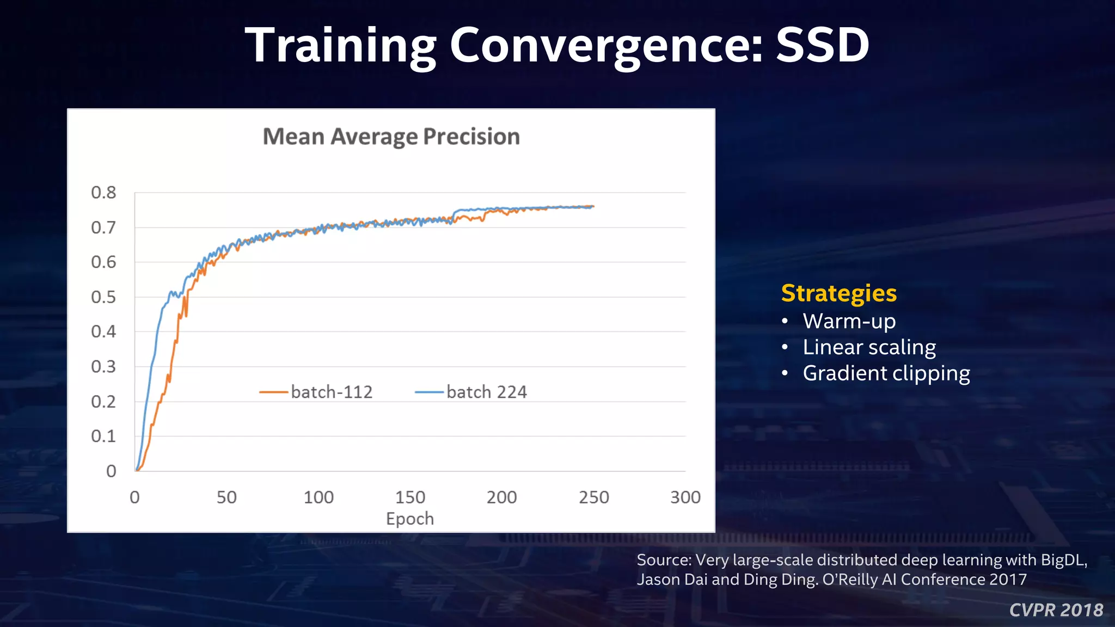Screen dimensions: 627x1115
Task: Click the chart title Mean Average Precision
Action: [391, 137]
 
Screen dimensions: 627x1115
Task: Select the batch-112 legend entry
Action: [316, 392]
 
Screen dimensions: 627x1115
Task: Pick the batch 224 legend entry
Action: [471, 392]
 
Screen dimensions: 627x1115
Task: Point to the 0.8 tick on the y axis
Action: [103, 193]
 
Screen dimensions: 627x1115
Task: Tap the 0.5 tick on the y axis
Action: [103, 297]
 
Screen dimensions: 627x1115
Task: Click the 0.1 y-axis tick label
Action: [103, 437]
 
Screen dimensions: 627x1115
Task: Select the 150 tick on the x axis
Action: [410, 497]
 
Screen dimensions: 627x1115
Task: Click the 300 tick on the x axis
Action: [685, 497]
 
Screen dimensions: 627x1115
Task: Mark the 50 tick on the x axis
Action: [226, 497]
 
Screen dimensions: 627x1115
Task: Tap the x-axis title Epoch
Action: [409, 519]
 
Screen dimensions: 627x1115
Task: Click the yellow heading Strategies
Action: [838, 293]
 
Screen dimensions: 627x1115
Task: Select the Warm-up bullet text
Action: [849, 321]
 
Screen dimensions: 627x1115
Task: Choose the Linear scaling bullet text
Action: [869, 347]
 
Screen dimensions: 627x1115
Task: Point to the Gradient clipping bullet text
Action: [886, 373]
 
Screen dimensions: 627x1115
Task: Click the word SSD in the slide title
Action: [822, 45]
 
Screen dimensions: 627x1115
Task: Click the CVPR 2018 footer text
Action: [1056, 610]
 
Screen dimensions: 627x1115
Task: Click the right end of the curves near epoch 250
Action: [592, 207]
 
